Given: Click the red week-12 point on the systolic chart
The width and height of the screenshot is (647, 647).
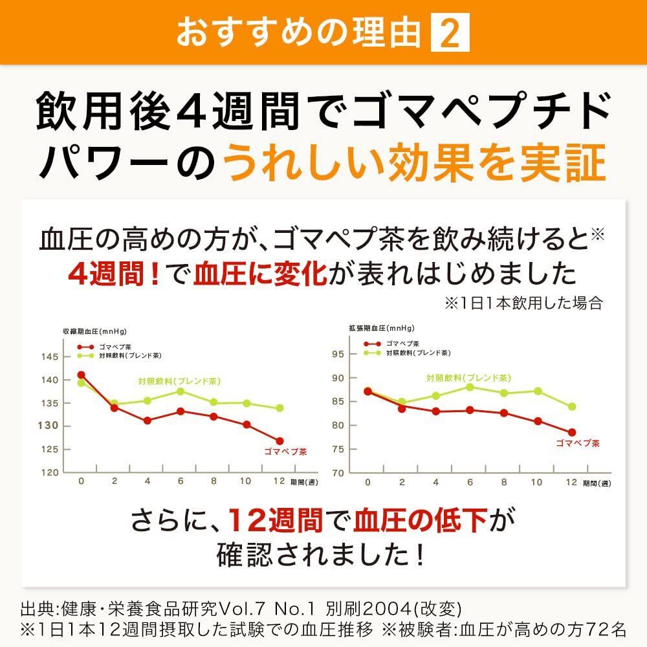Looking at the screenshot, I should click(279, 441).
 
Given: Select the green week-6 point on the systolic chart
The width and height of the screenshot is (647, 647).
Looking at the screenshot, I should click(181, 391).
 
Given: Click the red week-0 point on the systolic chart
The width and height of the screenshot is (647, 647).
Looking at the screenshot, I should click(81, 375).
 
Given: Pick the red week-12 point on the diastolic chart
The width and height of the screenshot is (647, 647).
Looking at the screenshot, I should click(572, 432).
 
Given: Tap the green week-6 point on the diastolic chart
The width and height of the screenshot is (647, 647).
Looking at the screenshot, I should click(470, 387).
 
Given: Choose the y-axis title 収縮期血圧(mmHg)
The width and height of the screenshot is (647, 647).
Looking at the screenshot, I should click(90, 331).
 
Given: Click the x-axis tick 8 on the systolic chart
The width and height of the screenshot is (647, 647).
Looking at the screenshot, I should click(214, 481).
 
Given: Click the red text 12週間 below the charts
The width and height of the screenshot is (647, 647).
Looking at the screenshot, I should click(276, 520).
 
